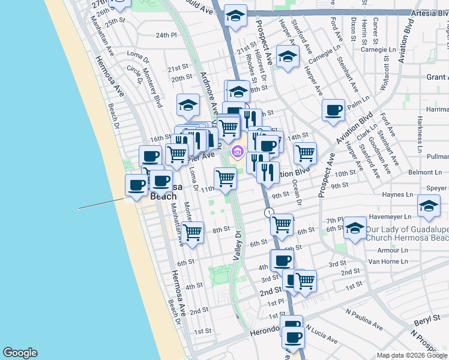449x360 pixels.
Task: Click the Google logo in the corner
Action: coord(20,353)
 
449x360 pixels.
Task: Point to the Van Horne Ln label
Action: coord(388,262)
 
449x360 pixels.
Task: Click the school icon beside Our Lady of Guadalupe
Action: coord(355,229)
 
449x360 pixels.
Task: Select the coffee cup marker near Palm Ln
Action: coord(333,111)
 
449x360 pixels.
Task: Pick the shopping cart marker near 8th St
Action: coord(192,232)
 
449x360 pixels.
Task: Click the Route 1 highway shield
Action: coord(269,213)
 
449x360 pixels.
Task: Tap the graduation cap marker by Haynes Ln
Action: coord(429,206)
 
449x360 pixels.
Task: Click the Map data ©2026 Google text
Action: coord(412,355)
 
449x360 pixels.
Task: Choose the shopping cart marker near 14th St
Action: coord(305,154)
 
